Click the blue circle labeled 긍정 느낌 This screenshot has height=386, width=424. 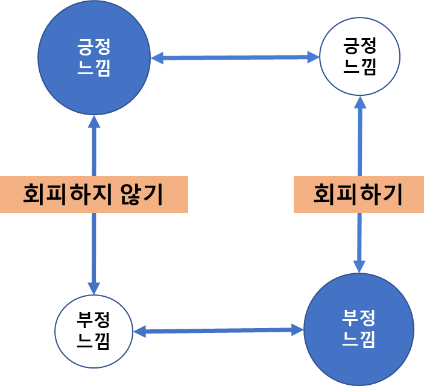click(x=93, y=58)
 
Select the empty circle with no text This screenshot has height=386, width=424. click(x=359, y=57)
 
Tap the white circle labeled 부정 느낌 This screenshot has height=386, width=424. click(x=93, y=331)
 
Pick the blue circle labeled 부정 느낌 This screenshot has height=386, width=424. click(x=359, y=329)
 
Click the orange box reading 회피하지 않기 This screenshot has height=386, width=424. click(x=93, y=194)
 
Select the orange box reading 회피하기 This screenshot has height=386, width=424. click(x=358, y=194)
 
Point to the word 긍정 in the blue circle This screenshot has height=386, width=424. click(x=93, y=46)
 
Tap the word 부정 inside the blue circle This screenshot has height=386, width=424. click(x=359, y=317)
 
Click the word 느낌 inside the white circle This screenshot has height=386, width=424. click(x=93, y=343)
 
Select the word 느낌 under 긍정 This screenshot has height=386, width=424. click(x=93, y=69)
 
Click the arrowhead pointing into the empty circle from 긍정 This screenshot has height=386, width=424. click(x=313, y=57)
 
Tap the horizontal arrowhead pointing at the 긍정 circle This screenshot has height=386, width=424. click(x=157, y=58)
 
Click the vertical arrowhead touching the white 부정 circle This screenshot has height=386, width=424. click(x=93, y=288)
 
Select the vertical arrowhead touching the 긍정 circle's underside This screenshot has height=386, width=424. click(x=93, y=122)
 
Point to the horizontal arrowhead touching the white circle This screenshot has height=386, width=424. click(x=140, y=331)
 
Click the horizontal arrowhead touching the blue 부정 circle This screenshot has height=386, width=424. click(x=297, y=329)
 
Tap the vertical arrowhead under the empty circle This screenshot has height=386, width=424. click(x=360, y=102)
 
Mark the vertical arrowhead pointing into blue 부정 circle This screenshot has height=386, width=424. click(x=359, y=266)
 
